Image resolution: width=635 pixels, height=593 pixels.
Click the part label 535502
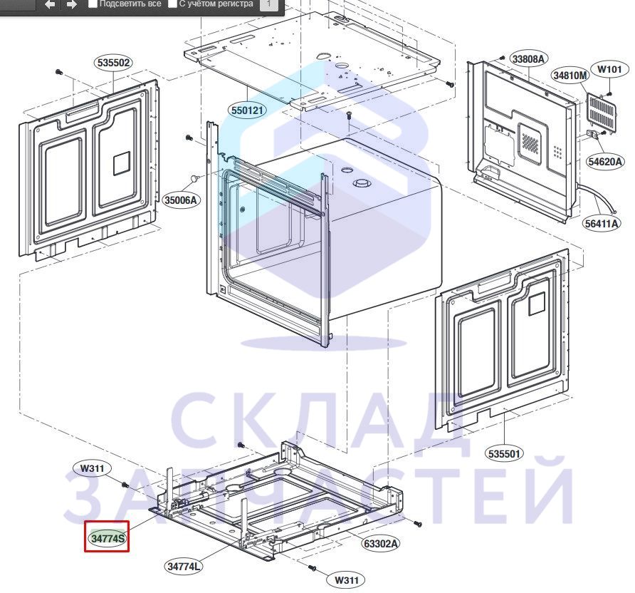114,63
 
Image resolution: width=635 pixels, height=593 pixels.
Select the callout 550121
248,110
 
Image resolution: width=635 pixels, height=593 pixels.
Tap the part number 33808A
528,59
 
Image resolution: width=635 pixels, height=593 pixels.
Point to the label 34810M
570,76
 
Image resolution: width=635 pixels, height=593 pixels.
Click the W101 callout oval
609,69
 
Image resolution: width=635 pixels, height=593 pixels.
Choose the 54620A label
604,162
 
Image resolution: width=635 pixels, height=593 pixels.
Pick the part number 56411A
602,223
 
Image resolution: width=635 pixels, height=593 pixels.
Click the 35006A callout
181,200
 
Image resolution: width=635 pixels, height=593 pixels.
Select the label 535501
504,453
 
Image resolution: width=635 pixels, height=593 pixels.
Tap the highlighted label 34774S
107,538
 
